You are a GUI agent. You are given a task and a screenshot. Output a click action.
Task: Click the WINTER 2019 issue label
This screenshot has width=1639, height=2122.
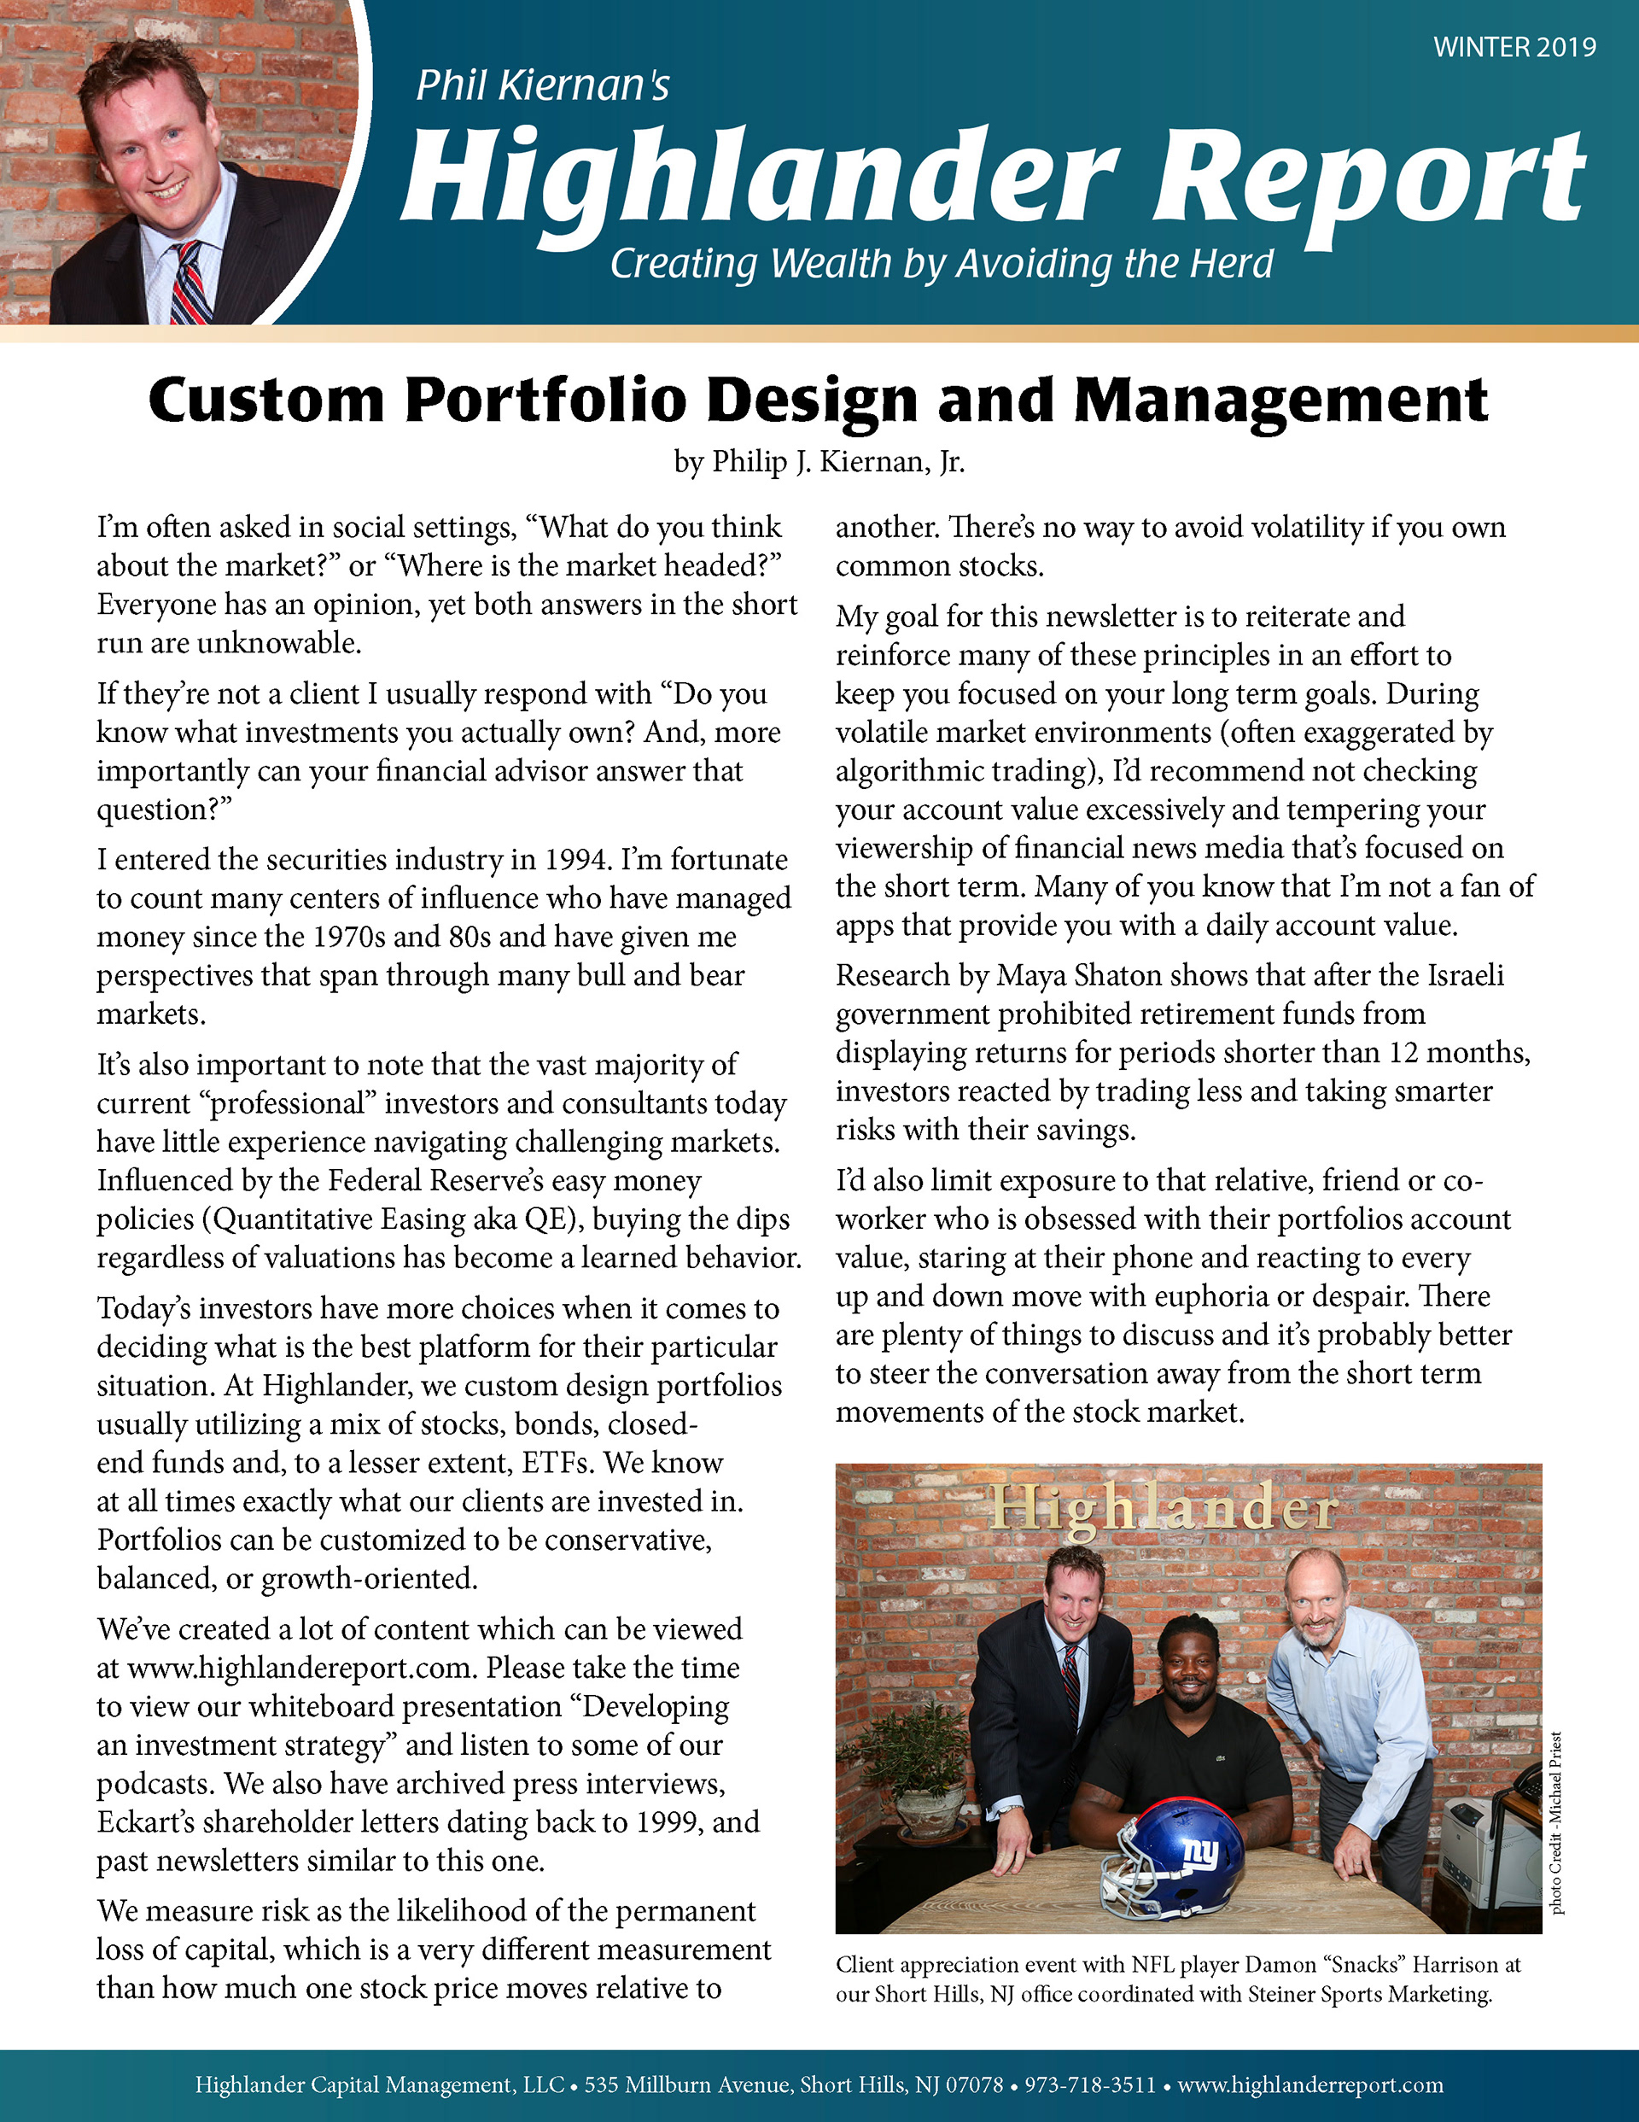click(x=1514, y=48)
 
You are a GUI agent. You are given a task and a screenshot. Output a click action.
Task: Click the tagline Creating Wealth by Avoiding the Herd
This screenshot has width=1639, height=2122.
click(x=942, y=264)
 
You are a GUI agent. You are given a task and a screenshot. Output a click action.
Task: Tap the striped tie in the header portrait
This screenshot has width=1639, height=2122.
click(x=190, y=284)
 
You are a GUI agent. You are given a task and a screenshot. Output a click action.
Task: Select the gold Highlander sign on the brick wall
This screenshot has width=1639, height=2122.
click(x=1163, y=1509)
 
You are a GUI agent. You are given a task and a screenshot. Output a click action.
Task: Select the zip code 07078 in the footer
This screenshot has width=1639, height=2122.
click(x=975, y=2085)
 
